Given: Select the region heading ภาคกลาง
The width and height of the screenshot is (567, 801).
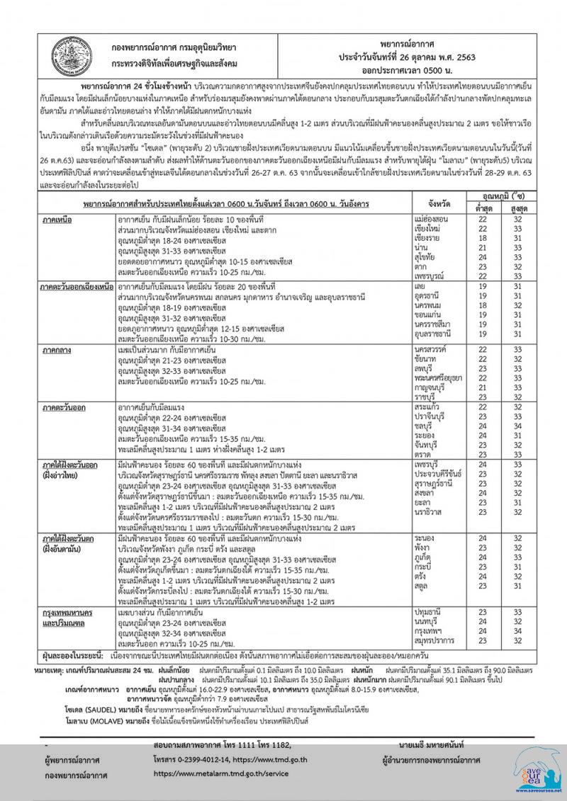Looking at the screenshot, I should pyautogui.click(x=59, y=350).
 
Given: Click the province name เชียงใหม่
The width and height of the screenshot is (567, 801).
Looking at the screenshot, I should pyautogui.click(x=428, y=230).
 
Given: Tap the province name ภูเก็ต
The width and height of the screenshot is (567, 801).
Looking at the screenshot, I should pyautogui.click(x=423, y=558).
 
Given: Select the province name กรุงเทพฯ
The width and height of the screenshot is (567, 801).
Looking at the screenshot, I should pyautogui.click(x=428, y=630).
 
